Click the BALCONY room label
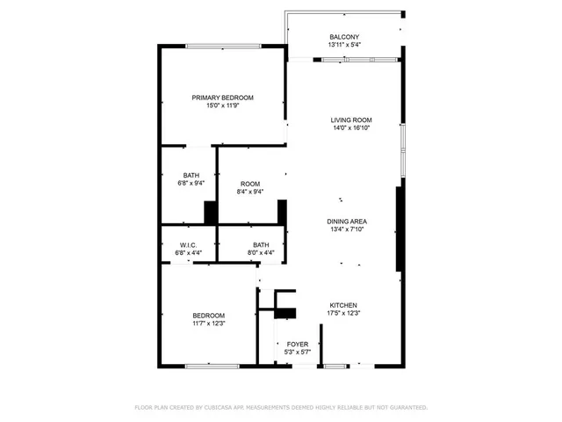[344, 37]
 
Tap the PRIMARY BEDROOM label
[223, 98]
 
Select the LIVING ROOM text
[351, 120]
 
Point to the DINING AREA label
[347, 222]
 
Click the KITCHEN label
[343, 305]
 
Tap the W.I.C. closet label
[188, 245]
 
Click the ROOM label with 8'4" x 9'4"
[249, 184]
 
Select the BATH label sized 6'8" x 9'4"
[191, 176]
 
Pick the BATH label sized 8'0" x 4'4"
[261, 245]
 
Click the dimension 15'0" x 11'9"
[223, 105]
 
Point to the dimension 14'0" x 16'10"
[351, 128]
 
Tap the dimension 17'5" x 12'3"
[343, 313]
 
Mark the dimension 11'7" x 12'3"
[209, 324]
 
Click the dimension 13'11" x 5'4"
[344, 45]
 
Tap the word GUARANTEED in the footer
[408, 408]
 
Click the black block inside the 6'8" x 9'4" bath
[211, 214]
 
